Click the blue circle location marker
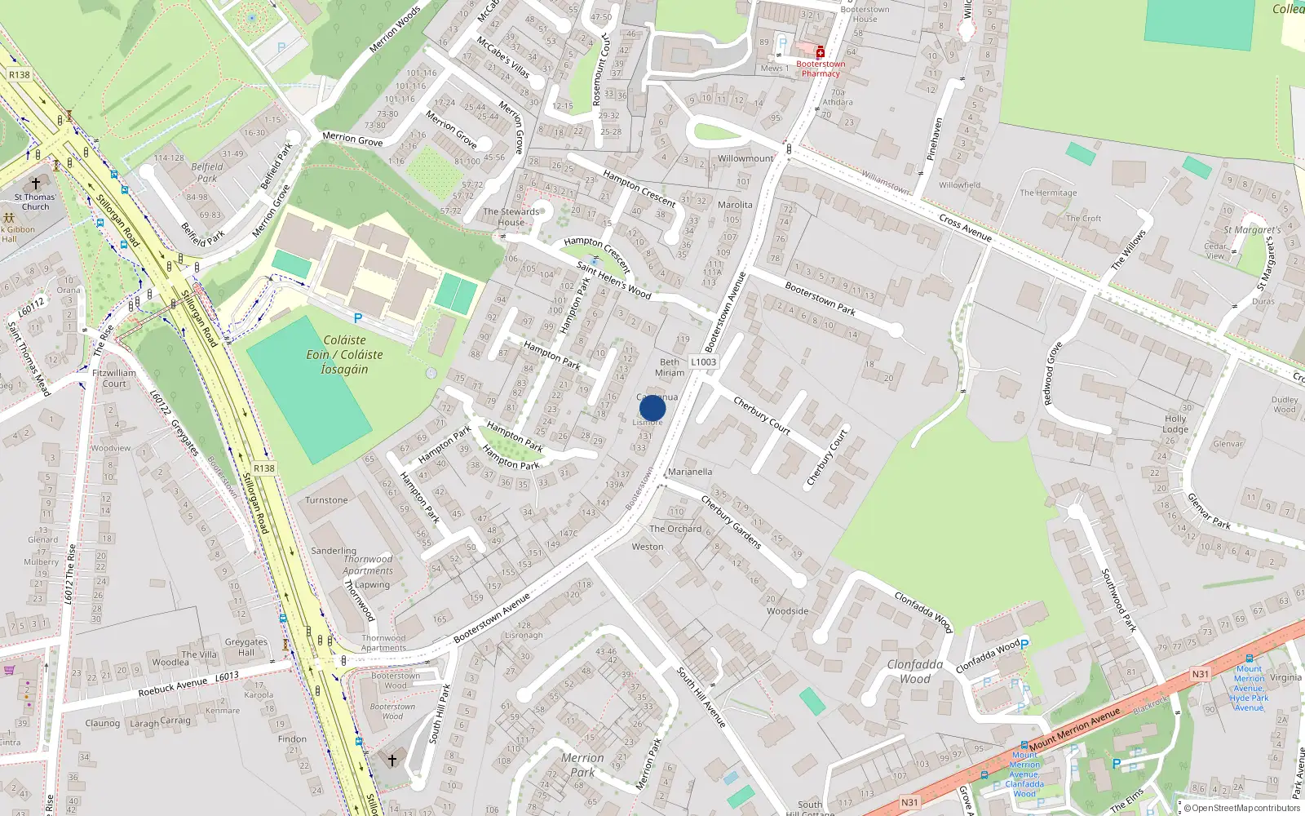tap(652, 408)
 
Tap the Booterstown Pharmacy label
tap(821, 69)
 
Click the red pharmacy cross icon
tap(821, 52)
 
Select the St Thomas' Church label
tap(35, 202)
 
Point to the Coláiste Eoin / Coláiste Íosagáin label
tap(344, 354)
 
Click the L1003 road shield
tap(703, 362)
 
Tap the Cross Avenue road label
tap(965, 228)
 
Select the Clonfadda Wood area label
tap(915, 672)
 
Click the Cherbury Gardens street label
tap(731, 522)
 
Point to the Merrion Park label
tap(582, 765)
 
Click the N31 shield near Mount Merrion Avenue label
tap(1200, 674)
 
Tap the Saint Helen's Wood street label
tap(613, 280)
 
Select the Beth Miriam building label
tap(670, 367)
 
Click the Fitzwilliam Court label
tap(114, 378)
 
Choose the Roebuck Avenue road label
tap(172, 687)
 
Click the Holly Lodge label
tap(1175, 424)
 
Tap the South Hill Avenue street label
tap(701, 697)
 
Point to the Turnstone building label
tap(326, 500)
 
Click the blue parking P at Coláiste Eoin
tap(357, 318)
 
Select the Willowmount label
tap(745, 158)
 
